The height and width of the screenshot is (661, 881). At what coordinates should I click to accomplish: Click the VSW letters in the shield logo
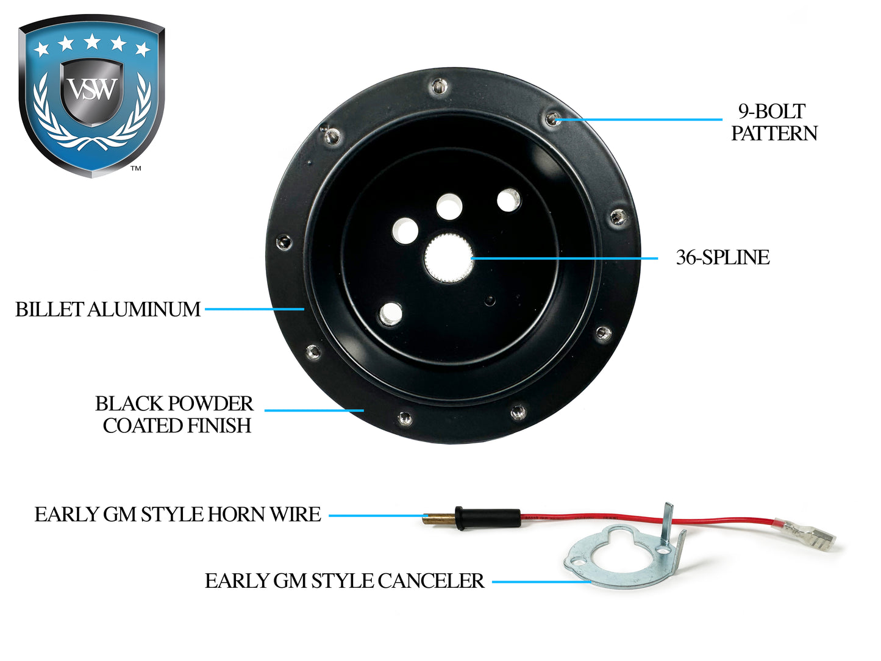[x=92, y=90]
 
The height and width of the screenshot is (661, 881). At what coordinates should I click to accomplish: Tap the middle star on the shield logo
[x=92, y=41]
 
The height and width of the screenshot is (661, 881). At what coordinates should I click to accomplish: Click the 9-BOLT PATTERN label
[x=774, y=122]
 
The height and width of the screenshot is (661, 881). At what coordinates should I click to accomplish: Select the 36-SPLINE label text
[x=722, y=257]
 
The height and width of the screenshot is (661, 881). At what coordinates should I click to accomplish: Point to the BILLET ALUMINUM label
[x=108, y=309]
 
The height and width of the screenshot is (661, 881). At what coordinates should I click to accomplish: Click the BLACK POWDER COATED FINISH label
[x=174, y=414]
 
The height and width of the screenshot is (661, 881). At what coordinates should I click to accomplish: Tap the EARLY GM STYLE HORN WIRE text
[x=177, y=514]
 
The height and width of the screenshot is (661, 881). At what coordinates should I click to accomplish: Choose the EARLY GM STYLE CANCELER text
[x=344, y=581]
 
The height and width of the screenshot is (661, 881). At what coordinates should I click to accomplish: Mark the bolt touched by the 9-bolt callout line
[x=552, y=118]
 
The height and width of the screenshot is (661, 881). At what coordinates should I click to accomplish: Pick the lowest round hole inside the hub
[x=390, y=313]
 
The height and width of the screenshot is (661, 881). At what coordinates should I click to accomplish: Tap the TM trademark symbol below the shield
[x=136, y=168]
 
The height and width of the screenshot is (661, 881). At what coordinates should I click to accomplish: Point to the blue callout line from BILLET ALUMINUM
[x=254, y=309]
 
